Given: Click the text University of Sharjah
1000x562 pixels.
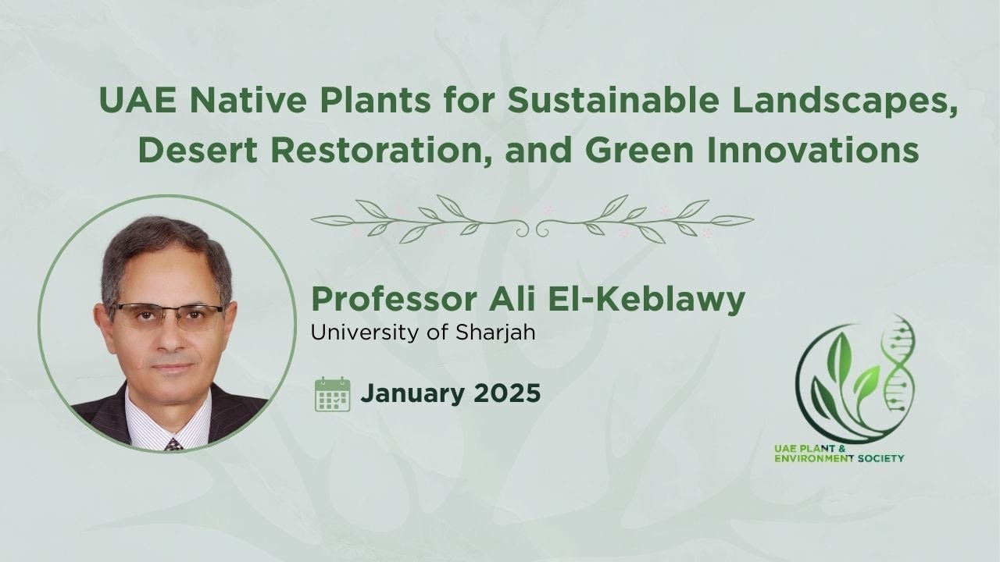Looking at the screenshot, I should [423, 332].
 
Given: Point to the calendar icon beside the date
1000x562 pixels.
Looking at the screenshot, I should [332, 393].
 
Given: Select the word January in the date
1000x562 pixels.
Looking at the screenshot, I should [412, 393].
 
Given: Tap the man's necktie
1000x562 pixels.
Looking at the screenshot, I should [173, 444].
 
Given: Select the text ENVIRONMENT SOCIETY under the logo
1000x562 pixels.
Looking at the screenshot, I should [837, 459].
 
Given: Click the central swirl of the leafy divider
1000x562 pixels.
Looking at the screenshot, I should [533, 226].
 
